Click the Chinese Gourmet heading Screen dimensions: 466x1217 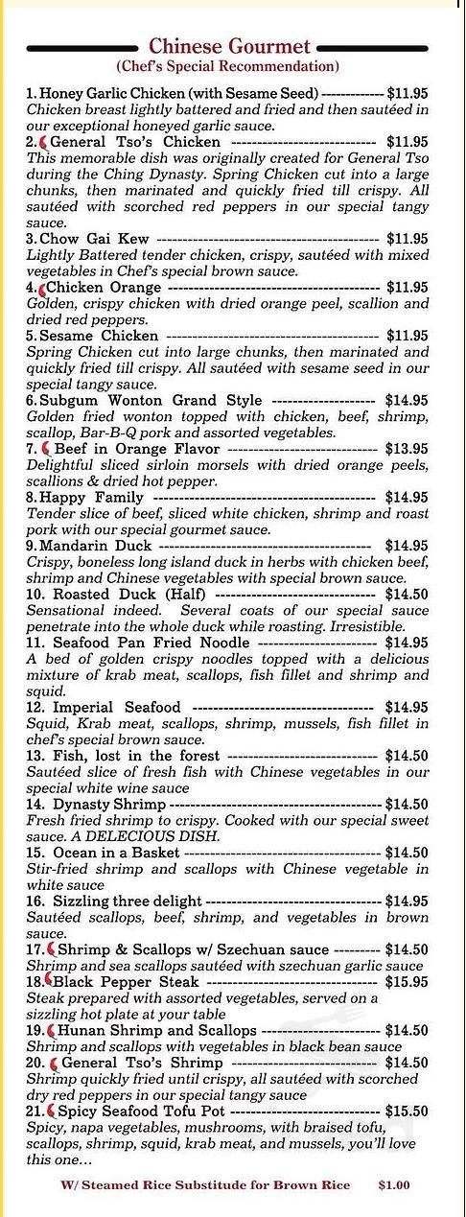[229, 46]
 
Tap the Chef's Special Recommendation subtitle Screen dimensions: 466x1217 [228, 67]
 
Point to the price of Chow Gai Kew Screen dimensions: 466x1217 [407, 238]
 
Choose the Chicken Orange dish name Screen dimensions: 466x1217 [104, 287]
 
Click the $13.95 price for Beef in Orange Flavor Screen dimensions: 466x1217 [407, 449]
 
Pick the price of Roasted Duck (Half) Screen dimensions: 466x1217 [407, 595]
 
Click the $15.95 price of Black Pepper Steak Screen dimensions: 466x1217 [407, 982]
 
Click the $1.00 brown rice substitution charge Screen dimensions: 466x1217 [393, 1185]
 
